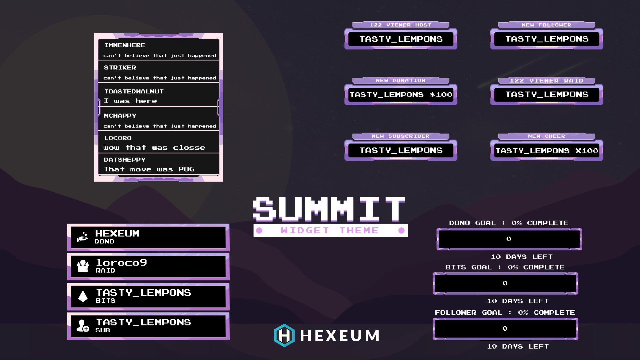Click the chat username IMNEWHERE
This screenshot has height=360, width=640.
pyautogui.click(x=125, y=45)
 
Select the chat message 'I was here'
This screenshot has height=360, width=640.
pyautogui.click(x=130, y=101)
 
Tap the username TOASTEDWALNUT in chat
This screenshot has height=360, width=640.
pyautogui.click(x=134, y=91)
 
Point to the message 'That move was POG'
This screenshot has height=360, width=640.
pyautogui.click(x=149, y=169)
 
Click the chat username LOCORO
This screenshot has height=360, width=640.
pyautogui.click(x=118, y=138)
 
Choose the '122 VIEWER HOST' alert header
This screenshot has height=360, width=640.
pyautogui.click(x=401, y=25)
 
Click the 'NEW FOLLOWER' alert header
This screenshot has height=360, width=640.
pyautogui.click(x=546, y=25)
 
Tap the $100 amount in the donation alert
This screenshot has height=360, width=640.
pyautogui.click(x=441, y=95)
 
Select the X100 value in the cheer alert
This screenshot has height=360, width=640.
pyautogui.click(x=587, y=151)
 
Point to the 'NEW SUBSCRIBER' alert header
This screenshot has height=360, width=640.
pyautogui.click(x=401, y=136)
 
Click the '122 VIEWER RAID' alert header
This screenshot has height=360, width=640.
pyautogui.click(x=546, y=81)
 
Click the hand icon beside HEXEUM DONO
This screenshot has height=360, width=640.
pyautogui.click(x=83, y=237)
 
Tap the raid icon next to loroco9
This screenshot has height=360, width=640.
pyautogui.click(x=83, y=266)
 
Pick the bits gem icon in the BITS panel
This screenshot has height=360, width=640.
pyautogui.click(x=83, y=296)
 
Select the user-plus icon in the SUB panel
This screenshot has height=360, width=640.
pyautogui.click(x=83, y=326)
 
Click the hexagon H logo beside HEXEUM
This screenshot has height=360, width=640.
pyautogui.click(x=284, y=335)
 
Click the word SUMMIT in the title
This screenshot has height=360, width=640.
pyautogui.click(x=329, y=209)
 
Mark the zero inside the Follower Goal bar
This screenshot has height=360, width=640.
pyautogui.click(x=505, y=329)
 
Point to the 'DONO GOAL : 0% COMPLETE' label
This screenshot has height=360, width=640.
pyautogui.click(x=509, y=223)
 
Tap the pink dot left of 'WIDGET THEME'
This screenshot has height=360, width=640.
pyautogui.click(x=259, y=230)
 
